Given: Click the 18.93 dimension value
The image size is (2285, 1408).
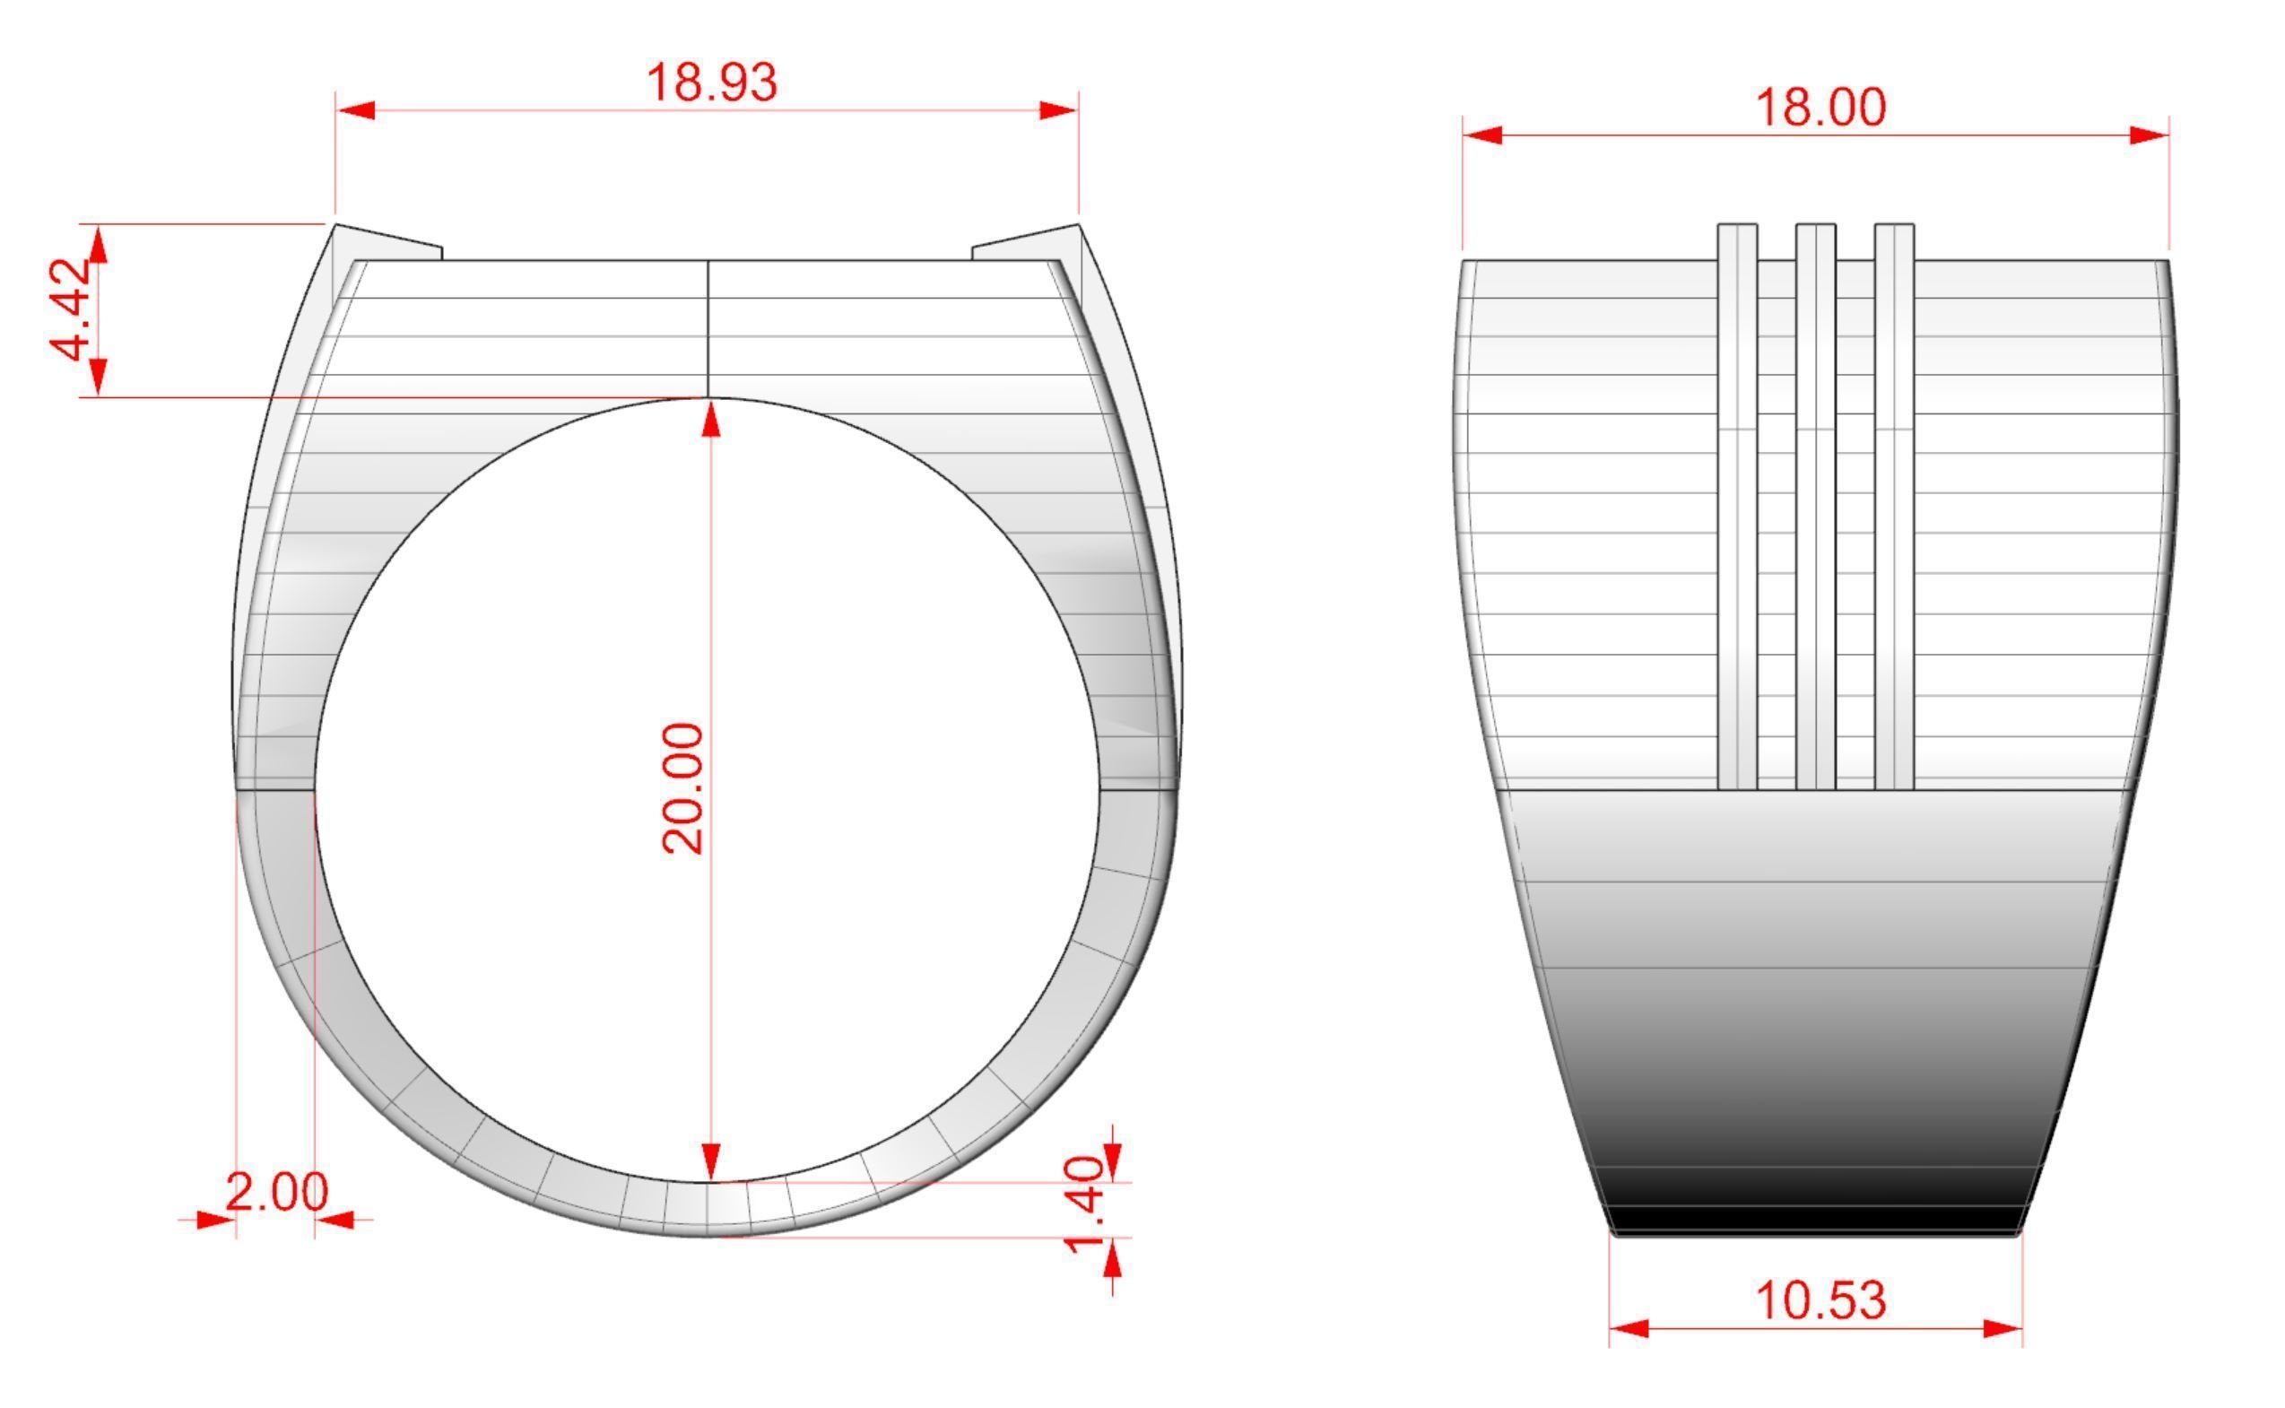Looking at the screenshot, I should pos(710,83).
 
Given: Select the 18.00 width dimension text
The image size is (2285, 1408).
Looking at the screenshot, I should pos(1820,108).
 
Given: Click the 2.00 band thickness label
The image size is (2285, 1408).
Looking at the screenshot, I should pos(276,1192).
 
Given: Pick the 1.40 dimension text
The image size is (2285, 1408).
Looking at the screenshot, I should pos(1085,1205).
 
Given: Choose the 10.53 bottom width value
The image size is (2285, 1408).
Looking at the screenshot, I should pos(1820,1301).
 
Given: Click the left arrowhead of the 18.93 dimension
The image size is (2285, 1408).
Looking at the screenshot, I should pos(356,111).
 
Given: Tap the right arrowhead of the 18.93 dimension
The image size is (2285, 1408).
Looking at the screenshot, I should pos(1059,111).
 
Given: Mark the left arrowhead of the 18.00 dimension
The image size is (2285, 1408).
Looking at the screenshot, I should pos(1482,136).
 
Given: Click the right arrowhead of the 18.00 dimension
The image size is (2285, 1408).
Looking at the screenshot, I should pos(2149,136).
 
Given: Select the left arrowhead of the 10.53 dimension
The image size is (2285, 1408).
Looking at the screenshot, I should pos(1629,1328).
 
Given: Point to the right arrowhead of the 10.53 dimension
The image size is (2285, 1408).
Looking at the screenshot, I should pos(2003,1328).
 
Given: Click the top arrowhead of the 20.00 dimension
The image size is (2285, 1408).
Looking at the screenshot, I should pos(711,418).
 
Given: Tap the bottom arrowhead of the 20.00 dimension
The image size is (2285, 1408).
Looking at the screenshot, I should pos(711,1161).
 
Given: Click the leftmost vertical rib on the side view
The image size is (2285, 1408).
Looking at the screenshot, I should pos(1737,508).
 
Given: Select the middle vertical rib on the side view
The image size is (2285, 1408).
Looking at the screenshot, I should pos(1816,508).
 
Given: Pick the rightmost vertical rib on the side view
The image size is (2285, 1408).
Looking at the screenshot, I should pos(1894,508).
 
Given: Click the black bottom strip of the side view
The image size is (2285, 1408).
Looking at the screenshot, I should pos(1816,1220).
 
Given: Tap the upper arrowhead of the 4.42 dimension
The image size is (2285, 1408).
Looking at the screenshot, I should pos(99,244).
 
